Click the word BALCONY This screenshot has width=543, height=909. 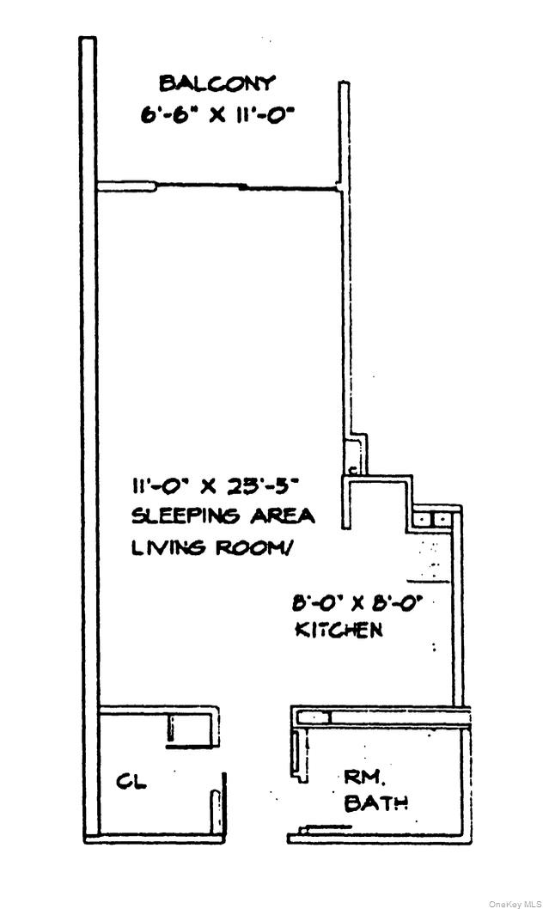tap(217, 83)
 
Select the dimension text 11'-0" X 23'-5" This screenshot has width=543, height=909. tap(215, 486)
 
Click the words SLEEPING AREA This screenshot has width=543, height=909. tap(223, 516)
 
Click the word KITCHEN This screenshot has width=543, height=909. tap(339, 630)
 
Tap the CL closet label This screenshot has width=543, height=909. tap(131, 782)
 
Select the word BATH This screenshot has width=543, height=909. tap(375, 804)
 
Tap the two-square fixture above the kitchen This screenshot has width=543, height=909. tap(429, 519)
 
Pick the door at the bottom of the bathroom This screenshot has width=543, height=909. tap(325, 828)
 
